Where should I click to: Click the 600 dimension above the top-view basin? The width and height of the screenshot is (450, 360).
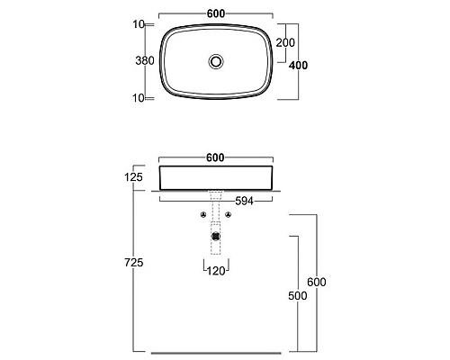click(x=216, y=13)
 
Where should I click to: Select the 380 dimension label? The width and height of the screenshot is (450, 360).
click(x=145, y=61)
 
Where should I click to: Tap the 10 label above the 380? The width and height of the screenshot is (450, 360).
click(x=139, y=24)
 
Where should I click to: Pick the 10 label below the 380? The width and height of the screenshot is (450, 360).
click(x=139, y=98)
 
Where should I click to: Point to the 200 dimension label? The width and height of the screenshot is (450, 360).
click(x=285, y=43)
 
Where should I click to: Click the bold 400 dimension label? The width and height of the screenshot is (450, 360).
click(x=298, y=66)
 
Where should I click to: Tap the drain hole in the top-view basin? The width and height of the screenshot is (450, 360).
click(x=216, y=61)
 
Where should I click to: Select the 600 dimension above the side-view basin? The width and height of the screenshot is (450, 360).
click(x=215, y=157)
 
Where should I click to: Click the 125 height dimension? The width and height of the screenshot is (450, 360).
click(x=133, y=177)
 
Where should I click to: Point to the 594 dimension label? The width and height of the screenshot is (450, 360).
click(x=244, y=202)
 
